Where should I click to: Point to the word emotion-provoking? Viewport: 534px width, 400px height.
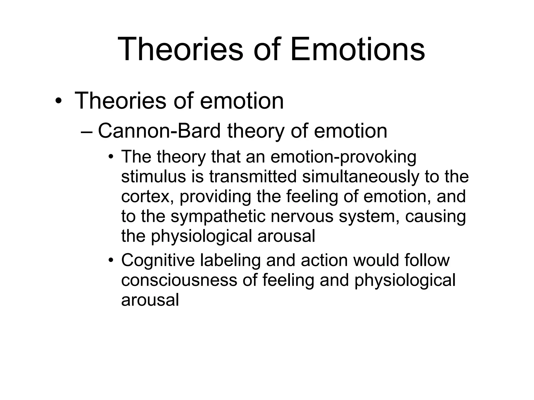pyautogui.click(x=343, y=157)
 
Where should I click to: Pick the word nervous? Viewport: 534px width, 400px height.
pyautogui.click(x=302, y=217)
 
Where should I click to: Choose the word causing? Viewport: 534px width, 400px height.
pyautogui.click(x=435, y=217)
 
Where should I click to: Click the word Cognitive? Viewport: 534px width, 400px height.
pyautogui.click(x=158, y=260)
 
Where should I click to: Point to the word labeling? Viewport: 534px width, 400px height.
pyautogui.click(x=230, y=260)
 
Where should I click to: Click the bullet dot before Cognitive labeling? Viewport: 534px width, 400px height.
pyautogui.click(x=111, y=260)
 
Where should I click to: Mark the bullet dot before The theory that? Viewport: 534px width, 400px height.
pyautogui.click(x=111, y=157)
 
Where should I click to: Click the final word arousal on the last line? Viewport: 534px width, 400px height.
pyautogui.click(x=150, y=300)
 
